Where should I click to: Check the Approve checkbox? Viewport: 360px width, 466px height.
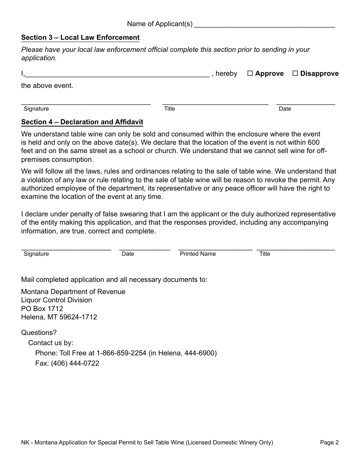pos(250,73)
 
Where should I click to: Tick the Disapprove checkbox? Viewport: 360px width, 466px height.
pos(295,73)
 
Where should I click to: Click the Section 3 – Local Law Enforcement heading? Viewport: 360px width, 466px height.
pos(80,38)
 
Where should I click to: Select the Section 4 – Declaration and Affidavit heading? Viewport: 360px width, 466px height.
pos(82,122)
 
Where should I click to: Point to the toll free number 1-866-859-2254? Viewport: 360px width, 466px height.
pos(121,353)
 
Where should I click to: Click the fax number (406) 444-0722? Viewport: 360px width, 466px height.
pos(75,363)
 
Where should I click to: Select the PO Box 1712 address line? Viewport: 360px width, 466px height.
pos(42,309)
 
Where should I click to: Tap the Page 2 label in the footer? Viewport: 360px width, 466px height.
pos(329,443)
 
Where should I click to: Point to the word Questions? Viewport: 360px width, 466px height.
pos(39,333)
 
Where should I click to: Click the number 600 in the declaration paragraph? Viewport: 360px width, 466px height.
pos(313,142)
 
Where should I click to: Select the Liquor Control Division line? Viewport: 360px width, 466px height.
pos(56,300)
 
